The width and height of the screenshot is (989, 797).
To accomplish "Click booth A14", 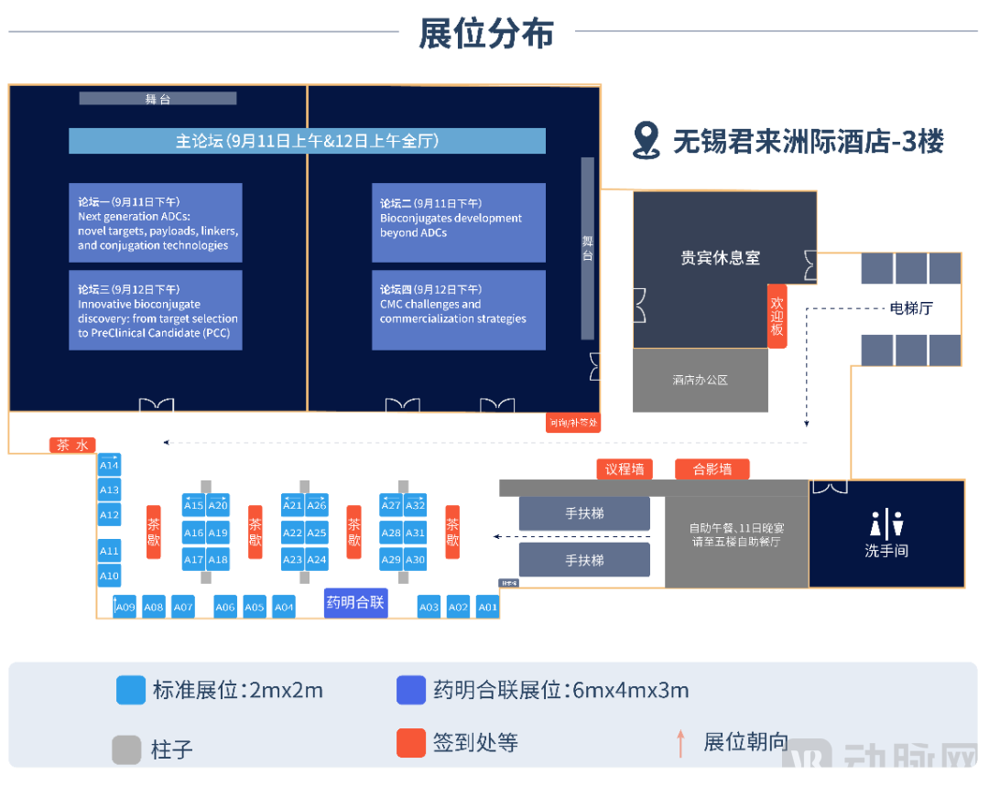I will pyautogui.click(x=109, y=465).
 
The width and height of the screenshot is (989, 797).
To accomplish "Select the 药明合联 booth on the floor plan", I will pyautogui.click(x=356, y=603).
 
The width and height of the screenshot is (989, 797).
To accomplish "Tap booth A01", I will pyautogui.click(x=487, y=607).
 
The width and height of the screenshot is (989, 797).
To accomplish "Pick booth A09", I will pyautogui.click(x=125, y=607).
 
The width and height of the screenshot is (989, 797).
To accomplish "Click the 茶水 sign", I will pyautogui.click(x=72, y=446).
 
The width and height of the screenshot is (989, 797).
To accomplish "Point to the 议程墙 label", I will pyautogui.click(x=625, y=469).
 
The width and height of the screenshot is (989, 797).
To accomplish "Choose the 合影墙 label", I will pyautogui.click(x=712, y=469).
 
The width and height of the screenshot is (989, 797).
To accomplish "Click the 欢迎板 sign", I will pyautogui.click(x=777, y=316).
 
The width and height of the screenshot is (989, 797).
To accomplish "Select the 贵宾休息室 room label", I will pyautogui.click(x=720, y=258).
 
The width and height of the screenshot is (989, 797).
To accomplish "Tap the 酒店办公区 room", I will pyautogui.click(x=700, y=380).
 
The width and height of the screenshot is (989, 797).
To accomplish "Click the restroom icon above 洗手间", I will pyautogui.click(x=886, y=525).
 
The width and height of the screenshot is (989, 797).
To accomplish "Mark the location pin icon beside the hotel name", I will pyautogui.click(x=647, y=140).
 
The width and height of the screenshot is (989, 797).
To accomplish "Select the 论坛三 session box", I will pyautogui.click(x=156, y=310).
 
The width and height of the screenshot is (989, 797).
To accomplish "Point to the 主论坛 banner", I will pyautogui.click(x=307, y=141).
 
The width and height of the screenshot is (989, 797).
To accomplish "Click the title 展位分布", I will pyautogui.click(x=486, y=34).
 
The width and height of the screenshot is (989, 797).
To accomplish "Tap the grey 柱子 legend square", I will pyautogui.click(x=127, y=749).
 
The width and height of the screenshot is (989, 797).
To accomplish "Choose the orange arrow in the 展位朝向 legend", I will pyautogui.click(x=680, y=743).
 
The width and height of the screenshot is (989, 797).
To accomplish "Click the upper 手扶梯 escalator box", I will pyautogui.click(x=583, y=514).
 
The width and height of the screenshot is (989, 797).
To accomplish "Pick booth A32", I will pyautogui.click(x=416, y=506).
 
